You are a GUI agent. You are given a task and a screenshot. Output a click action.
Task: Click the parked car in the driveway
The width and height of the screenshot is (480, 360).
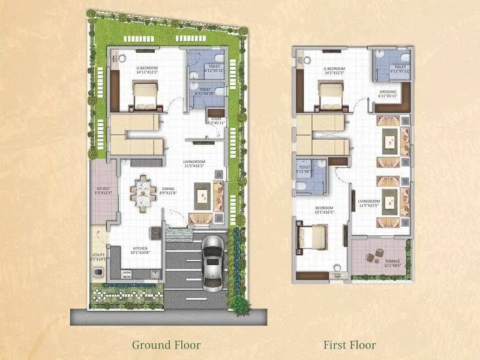coord(212,262)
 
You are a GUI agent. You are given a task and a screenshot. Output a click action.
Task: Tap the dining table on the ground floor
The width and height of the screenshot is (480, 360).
coord(143,193)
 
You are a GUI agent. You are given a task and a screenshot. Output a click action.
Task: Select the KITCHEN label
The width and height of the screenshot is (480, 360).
coord(140,250)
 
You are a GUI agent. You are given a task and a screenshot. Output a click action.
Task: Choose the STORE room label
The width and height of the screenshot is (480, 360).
coord(214,120)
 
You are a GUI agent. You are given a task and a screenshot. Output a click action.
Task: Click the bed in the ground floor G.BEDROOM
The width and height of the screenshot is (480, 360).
coord(145,95)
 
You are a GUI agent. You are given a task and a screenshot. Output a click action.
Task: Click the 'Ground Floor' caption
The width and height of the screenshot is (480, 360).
coord(166,344)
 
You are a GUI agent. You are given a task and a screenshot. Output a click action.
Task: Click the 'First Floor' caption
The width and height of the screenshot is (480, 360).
coord(350,344)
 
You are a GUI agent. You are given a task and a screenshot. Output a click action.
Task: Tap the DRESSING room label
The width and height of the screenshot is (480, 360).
coord(388,93)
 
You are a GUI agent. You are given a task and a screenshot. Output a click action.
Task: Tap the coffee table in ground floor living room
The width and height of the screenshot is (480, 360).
coord(203,196)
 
